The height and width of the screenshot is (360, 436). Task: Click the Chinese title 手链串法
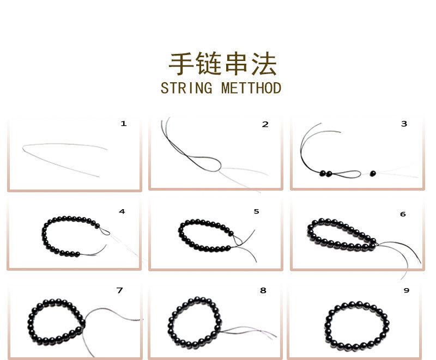click(222, 64)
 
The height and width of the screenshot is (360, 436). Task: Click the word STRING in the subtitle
click(187, 88)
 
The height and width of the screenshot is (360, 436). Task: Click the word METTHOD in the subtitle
click(251, 88)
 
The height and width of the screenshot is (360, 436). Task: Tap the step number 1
click(124, 124)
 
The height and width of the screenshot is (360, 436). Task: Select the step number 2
click(265, 124)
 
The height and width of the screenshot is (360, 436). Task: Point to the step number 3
click(404, 124)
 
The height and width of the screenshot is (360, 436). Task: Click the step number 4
click(122, 211)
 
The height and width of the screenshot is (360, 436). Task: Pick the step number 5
click(257, 211)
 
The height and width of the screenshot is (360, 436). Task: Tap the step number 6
click(403, 214)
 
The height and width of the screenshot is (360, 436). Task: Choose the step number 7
click(120, 290)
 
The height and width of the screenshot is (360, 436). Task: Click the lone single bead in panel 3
click(373, 174)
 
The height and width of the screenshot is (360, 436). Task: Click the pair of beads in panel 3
click(325, 174)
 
